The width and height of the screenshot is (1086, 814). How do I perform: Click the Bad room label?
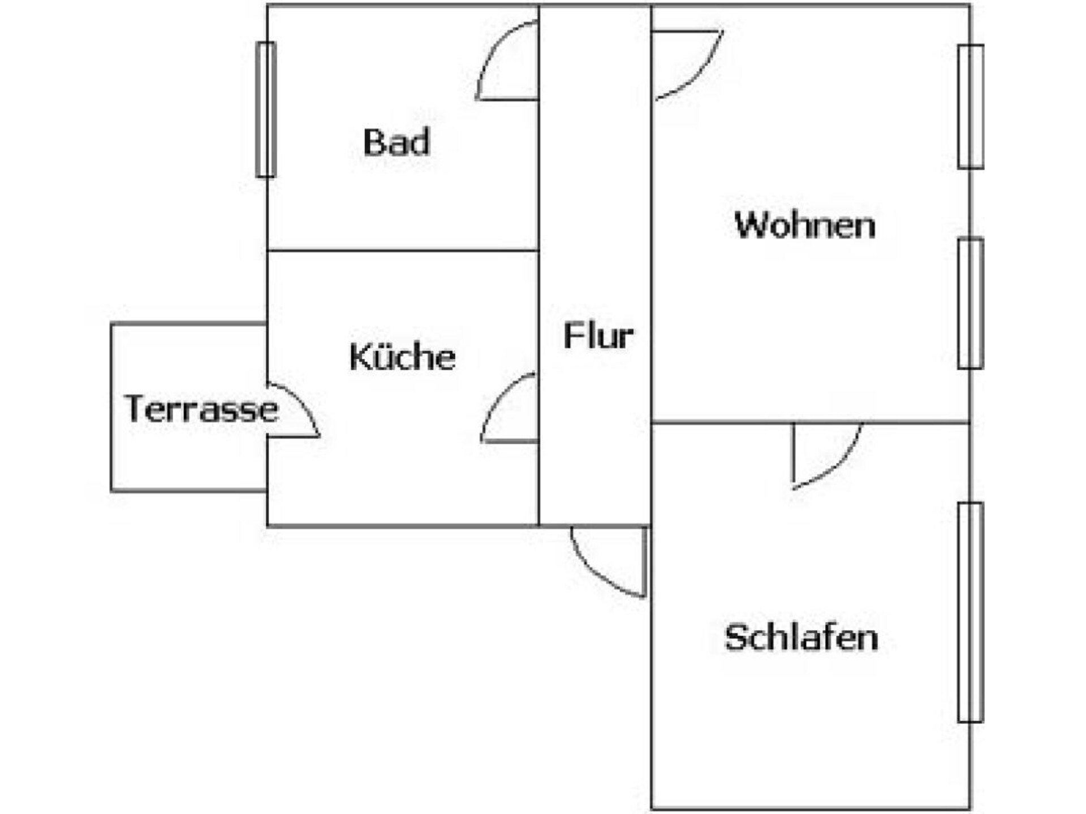pos(397,142)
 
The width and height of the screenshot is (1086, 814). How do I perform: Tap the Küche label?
pos(403,356)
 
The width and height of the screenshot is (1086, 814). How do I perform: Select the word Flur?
pos(598,335)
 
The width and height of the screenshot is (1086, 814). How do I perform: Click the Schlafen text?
pos(801,637)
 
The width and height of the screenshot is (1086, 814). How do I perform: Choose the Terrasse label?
pos(201,408)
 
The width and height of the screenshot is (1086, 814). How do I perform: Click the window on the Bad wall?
pos(266,110)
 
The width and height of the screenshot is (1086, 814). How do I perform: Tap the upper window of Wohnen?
pos(971,106)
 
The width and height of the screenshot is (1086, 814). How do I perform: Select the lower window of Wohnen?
pos(971,304)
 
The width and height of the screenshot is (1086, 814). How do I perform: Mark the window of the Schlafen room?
pos(971,612)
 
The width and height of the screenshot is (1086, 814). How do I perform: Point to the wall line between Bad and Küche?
pos(403,250)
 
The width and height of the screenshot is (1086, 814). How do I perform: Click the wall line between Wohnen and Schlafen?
pos(811,422)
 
